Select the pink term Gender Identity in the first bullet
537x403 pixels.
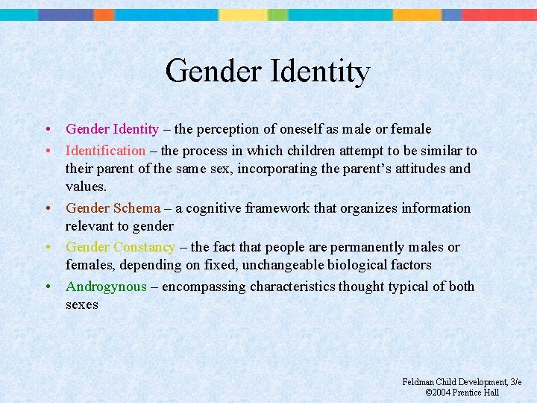112,129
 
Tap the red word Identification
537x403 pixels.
105,151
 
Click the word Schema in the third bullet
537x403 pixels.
136,208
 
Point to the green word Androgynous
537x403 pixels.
106,287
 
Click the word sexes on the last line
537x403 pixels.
81,304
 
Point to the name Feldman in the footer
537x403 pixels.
419,382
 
